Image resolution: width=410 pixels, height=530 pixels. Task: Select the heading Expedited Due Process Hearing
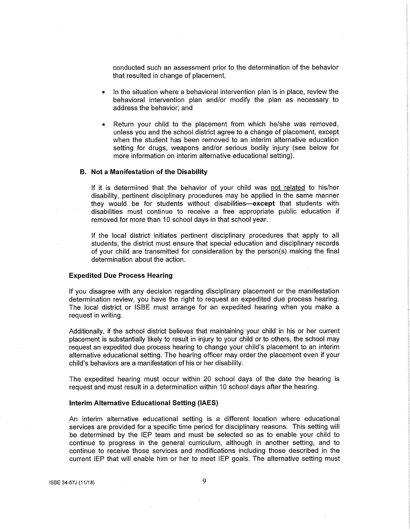(120, 275)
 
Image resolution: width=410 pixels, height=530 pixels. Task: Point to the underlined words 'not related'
(288, 188)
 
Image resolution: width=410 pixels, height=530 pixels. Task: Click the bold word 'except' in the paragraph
(264, 204)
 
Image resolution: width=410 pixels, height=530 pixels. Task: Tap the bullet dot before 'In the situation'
(104, 92)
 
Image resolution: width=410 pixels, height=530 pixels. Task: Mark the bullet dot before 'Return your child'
(104, 124)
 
